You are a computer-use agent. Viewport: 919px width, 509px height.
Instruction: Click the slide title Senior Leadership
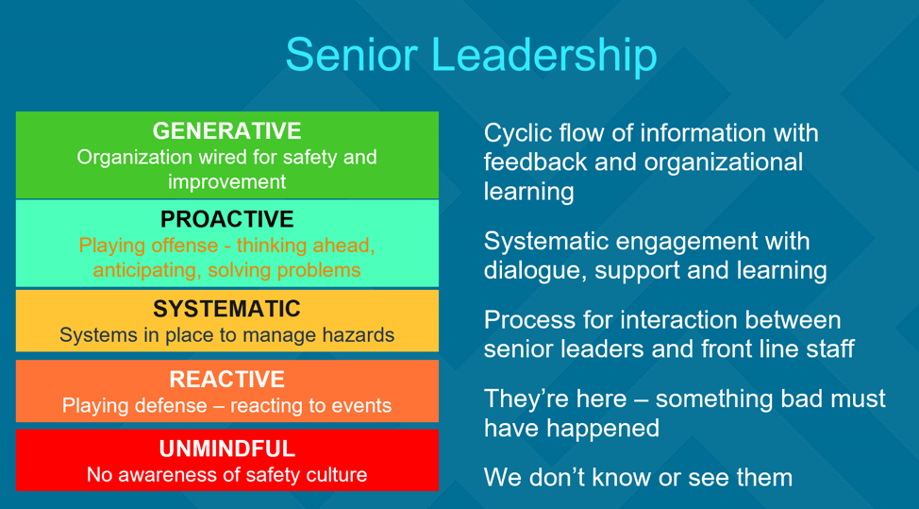pos(471,54)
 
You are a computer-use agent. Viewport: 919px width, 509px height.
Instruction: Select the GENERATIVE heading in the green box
pos(226,131)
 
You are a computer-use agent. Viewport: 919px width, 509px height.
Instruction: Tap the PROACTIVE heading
pos(226,219)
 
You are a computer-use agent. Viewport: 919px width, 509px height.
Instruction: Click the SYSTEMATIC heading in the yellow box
pos(226,309)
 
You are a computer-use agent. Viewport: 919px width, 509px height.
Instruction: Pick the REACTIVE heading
pos(226,380)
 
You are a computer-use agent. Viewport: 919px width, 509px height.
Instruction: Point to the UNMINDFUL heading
pos(226,449)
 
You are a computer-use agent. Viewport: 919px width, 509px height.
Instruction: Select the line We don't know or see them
pos(638,477)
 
